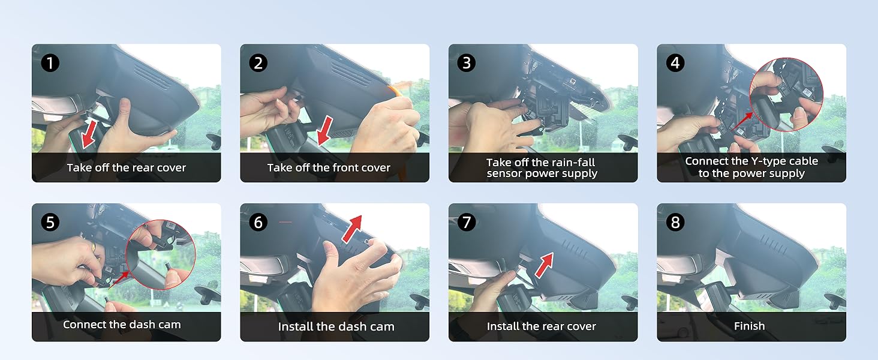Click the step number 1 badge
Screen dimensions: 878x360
[50, 63]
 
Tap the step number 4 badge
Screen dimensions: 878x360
[675, 63]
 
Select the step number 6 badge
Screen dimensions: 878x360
[258, 223]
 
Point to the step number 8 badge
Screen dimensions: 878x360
[675, 223]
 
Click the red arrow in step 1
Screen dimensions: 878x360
[89, 134]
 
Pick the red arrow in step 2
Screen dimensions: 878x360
[325, 131]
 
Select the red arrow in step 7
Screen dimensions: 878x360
[544, 265]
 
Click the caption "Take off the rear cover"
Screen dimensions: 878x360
[126, 168]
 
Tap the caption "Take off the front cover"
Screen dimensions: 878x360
[329, 168]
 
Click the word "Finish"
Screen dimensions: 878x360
[749, 326]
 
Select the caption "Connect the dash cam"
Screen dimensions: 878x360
[122, 325]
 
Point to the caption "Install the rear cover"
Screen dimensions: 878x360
[542, 326]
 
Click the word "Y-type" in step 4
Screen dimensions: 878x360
[769, 161]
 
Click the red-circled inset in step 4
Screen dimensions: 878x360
[786, 95]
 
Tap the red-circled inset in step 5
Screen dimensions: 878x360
[161, 254]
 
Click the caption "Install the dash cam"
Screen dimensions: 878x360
[336, 326]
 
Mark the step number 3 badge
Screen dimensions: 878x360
[467, 63]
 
